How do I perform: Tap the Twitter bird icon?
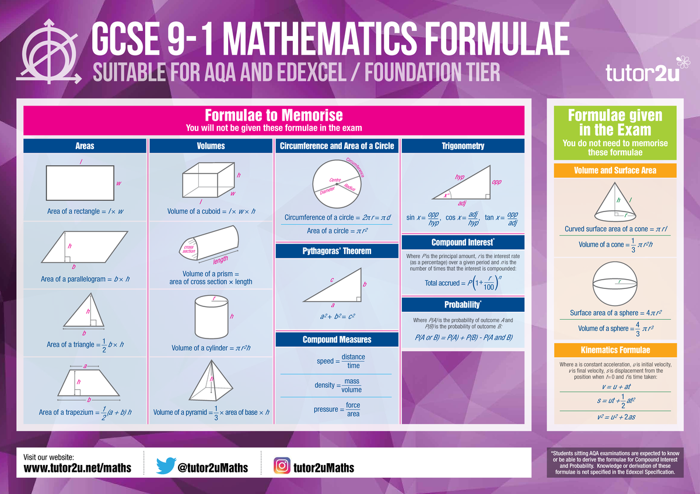point(166,466)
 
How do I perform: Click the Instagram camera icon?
point(282,465)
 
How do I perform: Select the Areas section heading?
point(85,146)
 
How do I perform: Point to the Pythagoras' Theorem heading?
point(337,251)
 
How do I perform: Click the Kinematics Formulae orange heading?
point(615,350)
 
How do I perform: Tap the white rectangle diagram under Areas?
point(80,183)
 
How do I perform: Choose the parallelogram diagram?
point(85,247)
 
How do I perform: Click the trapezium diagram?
point(89,383)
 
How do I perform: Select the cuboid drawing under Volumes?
point(208,180)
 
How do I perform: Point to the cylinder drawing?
point(212,317)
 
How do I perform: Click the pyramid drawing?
point(211,380)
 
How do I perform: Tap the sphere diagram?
point(615,284)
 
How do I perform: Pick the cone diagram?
point(615,202)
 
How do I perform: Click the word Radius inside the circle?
point(349,187)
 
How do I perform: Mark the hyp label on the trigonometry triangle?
point(460,177)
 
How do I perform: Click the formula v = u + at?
point(616,387)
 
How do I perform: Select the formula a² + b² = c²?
point(338,316)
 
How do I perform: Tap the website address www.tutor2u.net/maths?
point(78,468)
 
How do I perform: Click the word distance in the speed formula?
point(353,357)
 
